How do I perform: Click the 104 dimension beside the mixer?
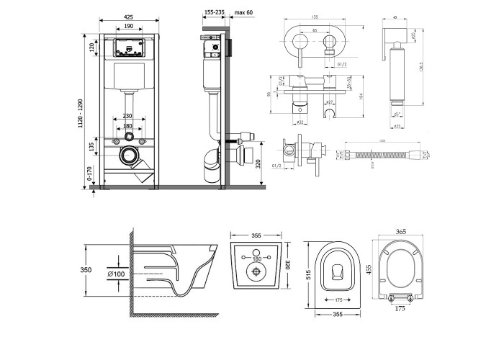click(x=357, y=93)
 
